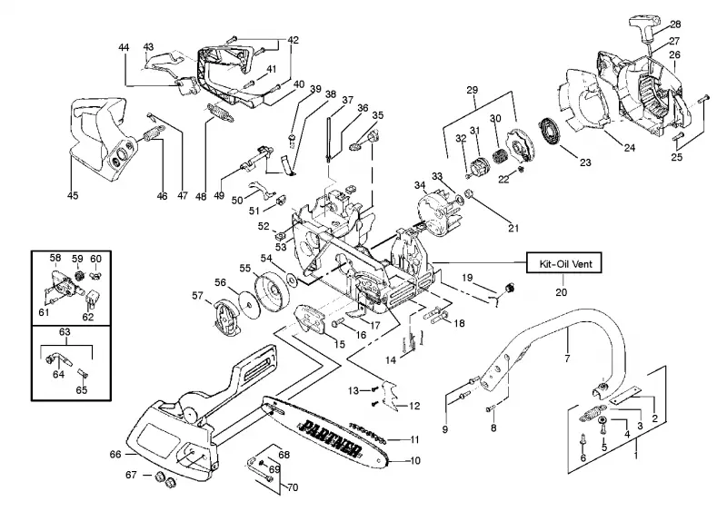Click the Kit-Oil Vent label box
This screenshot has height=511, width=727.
pos(564,263)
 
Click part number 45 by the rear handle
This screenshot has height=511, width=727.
pos(73,195)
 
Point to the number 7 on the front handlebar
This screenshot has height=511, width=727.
pos(567,358)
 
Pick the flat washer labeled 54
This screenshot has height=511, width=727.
pos(292,279)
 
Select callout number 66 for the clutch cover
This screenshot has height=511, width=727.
pos(115,454)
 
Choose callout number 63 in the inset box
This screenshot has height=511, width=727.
pos(65,331)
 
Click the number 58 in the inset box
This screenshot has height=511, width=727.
pos(55,258)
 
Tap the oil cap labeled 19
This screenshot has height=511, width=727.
pos(510,288)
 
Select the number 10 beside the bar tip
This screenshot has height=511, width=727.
pos(415,460)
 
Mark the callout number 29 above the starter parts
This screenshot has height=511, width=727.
pos(472,90)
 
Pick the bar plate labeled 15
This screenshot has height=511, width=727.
pos(311,319)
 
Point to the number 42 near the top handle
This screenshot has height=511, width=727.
pos(293,40)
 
